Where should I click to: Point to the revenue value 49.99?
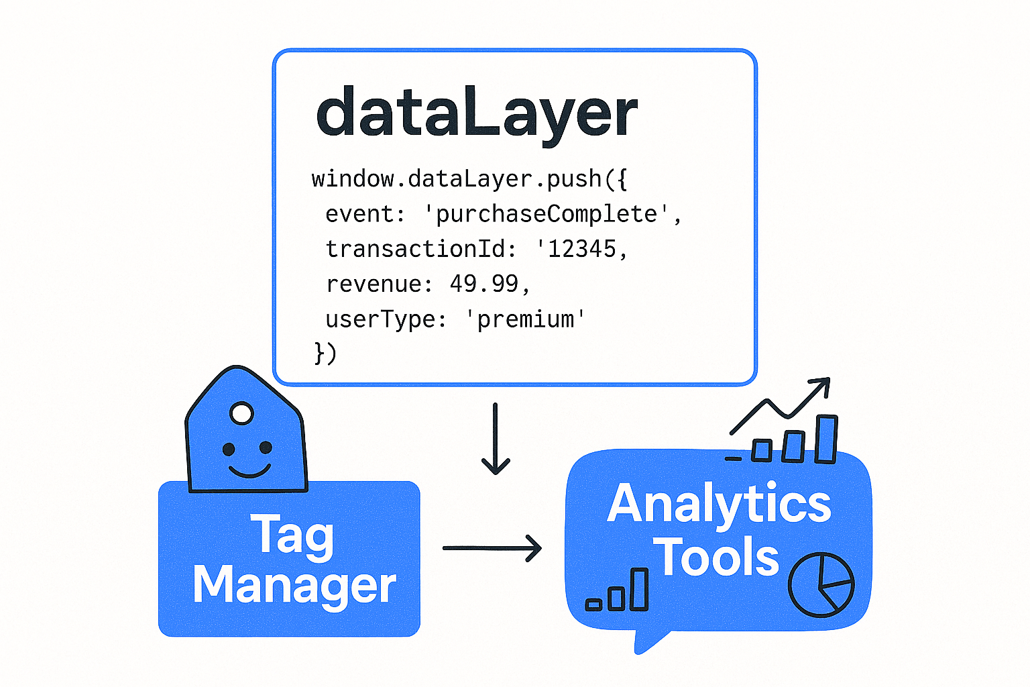(484, 284)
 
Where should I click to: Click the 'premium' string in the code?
(526, 319)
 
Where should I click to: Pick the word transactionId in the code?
(415, 249)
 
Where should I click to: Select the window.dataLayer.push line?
(469, 179)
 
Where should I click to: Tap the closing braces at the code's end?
(325, 353)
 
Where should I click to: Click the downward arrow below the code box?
(496, 439)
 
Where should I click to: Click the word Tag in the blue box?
(292, 535)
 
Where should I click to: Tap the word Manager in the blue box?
(294, 585)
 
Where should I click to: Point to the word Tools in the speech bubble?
(716, 557)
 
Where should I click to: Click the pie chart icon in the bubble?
(821, 584)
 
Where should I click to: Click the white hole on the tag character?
(241, 413)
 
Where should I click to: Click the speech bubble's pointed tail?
(647, 640)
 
